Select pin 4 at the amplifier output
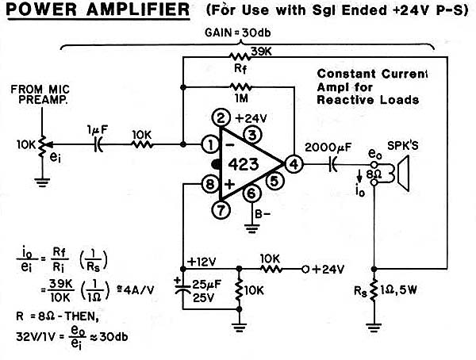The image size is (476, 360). (294, 164)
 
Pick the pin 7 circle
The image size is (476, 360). (221, 211)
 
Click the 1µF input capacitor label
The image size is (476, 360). (99, 130)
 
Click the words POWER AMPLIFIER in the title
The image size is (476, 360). (97, 11)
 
